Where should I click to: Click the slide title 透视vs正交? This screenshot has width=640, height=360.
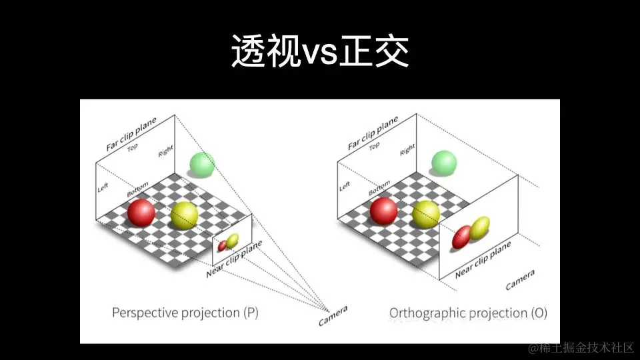coord(320,52)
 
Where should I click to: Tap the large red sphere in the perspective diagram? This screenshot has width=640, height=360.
coord(141,212)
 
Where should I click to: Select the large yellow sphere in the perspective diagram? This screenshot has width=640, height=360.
coord(184,215)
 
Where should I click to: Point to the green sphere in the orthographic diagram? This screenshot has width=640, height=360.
coord(443,163)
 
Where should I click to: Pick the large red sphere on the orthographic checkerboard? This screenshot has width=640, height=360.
coord(384,211)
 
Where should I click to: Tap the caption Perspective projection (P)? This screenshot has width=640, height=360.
coord(185,312)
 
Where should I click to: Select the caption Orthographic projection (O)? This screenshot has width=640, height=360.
coord(468,313)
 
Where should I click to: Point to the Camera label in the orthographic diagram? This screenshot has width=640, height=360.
coord(519,281)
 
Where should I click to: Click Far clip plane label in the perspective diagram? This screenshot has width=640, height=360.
coord(131,134)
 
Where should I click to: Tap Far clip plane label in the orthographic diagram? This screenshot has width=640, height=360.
coord(373,133)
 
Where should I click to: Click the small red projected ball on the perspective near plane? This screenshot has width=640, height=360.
coord(222,246)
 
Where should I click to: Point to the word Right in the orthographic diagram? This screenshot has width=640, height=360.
coord(407,150)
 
